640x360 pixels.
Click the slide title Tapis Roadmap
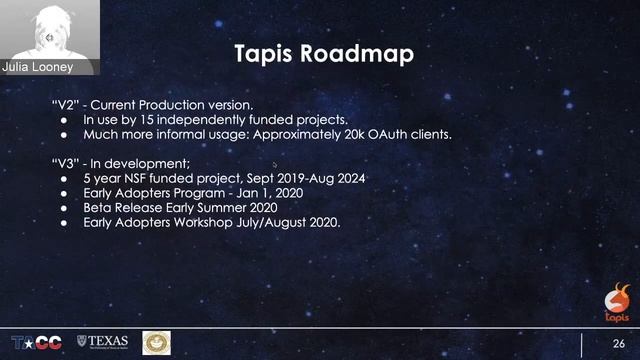click(x=322, y=53)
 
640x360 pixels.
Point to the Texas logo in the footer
click(x=103, y=343)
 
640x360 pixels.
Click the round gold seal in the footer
click(x=156, y=342)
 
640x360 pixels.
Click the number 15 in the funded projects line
click(x=146, y=119)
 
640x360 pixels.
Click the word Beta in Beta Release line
click(x=100, y=208)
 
